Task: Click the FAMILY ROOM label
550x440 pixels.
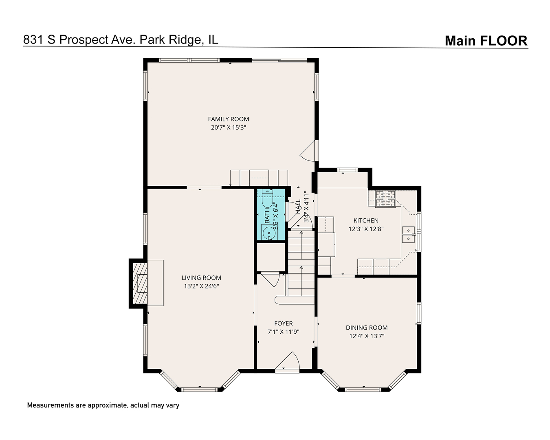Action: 228,119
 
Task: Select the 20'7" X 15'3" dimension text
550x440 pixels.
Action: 228,127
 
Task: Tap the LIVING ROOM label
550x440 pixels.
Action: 201,278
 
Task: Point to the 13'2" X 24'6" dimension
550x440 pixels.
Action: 201,286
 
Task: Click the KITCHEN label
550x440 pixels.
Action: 366,220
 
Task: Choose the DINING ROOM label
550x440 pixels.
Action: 367,328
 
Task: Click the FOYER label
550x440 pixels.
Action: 283,323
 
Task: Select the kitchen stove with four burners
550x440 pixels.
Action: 385,199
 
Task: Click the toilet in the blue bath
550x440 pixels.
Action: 267,201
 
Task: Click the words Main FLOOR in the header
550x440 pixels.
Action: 486,41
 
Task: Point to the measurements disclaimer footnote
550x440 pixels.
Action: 103,405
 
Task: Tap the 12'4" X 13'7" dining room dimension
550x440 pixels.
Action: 367,336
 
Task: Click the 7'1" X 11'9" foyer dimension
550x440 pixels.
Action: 283,332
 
